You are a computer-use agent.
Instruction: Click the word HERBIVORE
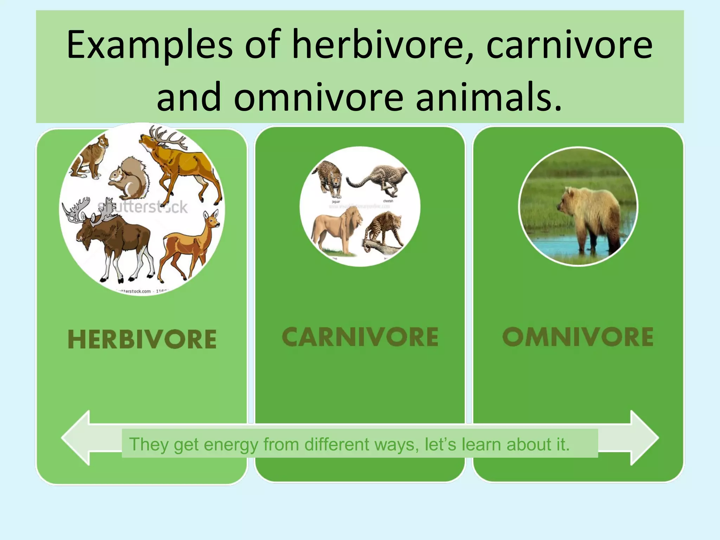coord(142,339)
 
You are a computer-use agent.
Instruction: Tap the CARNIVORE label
coord(360,337)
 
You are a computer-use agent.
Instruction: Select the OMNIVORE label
coord(578,337)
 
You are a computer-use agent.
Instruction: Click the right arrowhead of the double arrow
coord(643,438)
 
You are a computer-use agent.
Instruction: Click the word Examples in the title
coord(149,45)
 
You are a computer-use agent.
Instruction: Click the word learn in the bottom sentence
coord(481,444)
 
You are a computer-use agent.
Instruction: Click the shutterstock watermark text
coord(142,207)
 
